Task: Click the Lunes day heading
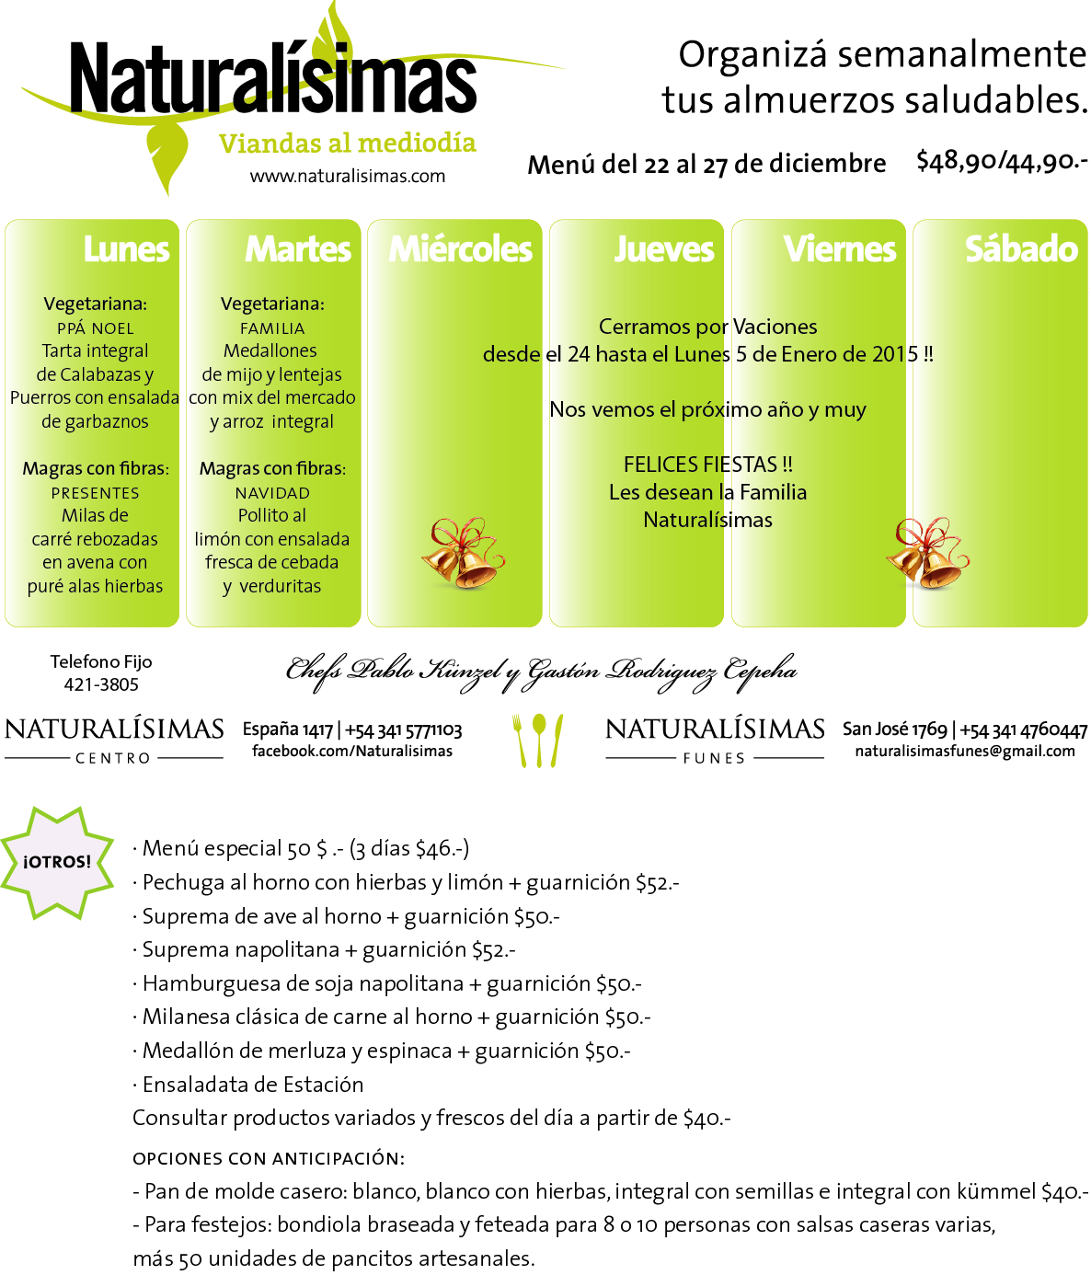(x=127, y=249)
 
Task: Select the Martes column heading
(x=298, y=249)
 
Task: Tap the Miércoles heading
(x=461, y=249)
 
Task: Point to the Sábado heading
(x=1021, y=249)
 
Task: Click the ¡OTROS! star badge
(x=57, y=862)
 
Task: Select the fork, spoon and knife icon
(x=538, y=740)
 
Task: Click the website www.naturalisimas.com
(x=348, y=176)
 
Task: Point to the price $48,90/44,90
(x=1002, y=162)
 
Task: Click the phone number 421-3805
(x=101, y=684)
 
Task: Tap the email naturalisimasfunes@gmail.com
(x=965, y=751)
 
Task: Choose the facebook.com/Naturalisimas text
(x=352, y=751)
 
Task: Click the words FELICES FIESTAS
(x=707, y=465)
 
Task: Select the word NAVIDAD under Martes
(x=272, y=493)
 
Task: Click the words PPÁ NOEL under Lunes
(x=95, y=328)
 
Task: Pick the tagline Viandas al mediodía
(x=348, y=144)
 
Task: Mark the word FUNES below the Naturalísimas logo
(x=714, y=758)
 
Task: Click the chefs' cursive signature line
(x=541, y=672)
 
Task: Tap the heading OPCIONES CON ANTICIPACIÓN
(x=269, y=1158)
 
